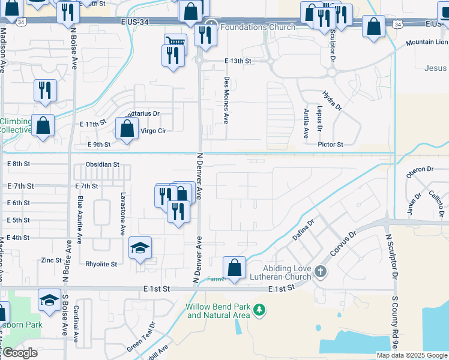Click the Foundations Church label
coord(258,27)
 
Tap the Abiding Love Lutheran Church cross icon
coord(320,272)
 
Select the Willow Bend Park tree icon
coord(259,310)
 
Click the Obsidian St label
coord(103,164)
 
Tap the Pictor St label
coord(331,145)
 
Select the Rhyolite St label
coord(101,263)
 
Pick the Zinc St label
coord(51,260)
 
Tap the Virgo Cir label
coord(152,130)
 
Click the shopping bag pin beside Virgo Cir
coord(127,129)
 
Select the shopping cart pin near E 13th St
coord(175,41)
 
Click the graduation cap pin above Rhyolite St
coord(140,248)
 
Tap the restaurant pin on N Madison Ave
coord(45,90)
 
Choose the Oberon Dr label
coord(420,170)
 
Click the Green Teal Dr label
coord(142,338)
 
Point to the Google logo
coord(19,353)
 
